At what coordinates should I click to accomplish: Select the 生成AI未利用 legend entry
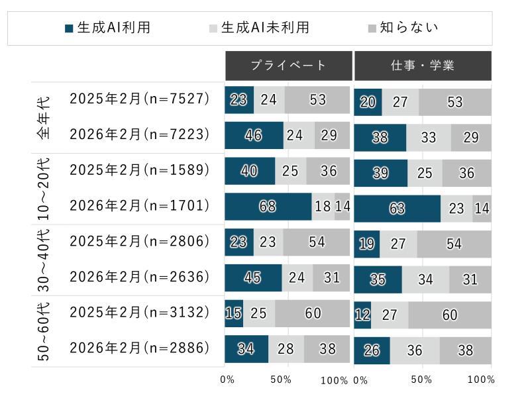[258, 28]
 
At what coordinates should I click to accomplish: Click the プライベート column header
[288, 65]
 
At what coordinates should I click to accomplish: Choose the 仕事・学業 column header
[423, 65]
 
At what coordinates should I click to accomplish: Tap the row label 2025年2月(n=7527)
[139, 99]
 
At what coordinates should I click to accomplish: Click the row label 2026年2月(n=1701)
[139, 206]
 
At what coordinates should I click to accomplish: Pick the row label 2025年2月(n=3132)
[139, 312]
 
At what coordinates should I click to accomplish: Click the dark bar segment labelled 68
[268, 207]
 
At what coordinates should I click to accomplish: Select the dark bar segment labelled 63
[397, 209]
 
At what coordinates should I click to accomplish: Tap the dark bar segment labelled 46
[254, 136]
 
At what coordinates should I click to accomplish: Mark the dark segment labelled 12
[362, 315]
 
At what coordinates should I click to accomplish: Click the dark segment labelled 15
[234, 313]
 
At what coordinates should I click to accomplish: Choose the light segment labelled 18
[323, 207]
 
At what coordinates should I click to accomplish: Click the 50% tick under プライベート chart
[281, 380]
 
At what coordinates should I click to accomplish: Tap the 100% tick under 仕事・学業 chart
[481, 380]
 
